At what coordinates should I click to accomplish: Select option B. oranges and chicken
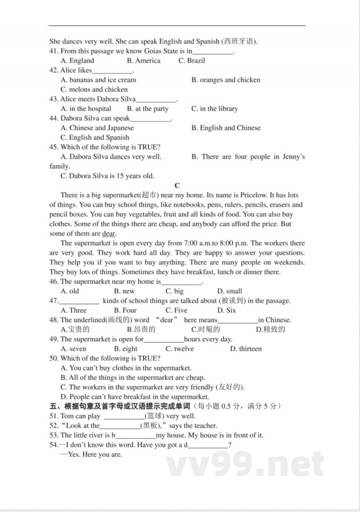coord(225,80)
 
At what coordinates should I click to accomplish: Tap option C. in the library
coord(215,109)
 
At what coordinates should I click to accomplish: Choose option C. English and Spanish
coord(94,138)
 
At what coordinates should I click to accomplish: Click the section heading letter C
coord(177,186)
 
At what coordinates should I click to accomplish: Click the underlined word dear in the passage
coord(109,234)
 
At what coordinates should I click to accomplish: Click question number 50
coord(54,358)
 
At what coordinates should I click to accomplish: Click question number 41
coord(54,51)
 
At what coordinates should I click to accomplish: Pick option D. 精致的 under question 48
coord(270,330)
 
